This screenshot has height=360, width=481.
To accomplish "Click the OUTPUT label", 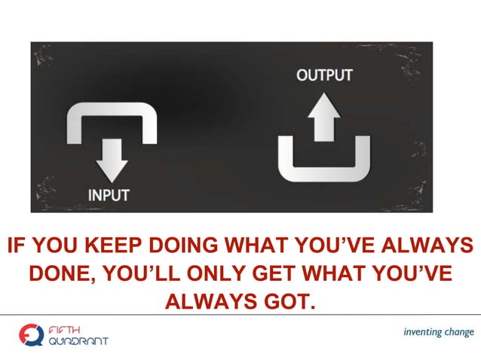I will pos(323,76).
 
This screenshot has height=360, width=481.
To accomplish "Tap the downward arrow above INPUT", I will pos(113,159).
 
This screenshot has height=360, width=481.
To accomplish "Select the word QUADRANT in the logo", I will pos(78,340).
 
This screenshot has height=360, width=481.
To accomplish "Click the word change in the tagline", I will pos(459,332).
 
